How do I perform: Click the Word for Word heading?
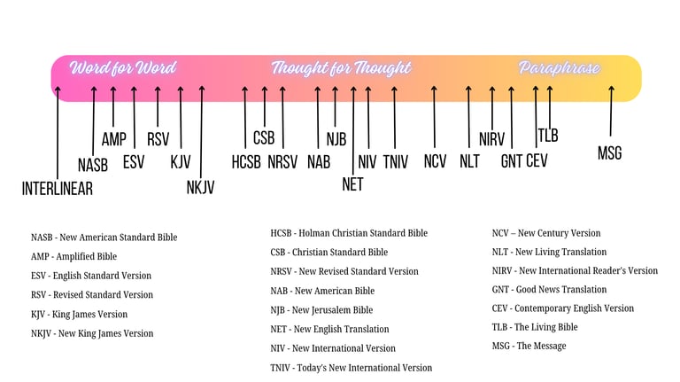123,68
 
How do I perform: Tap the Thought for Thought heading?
341,68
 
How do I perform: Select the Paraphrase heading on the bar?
560,68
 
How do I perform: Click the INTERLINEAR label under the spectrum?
57,188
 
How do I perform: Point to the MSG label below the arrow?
609,153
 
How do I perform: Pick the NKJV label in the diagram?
200,187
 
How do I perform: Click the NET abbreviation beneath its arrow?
352,184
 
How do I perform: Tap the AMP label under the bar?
113,139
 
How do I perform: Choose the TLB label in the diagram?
548,136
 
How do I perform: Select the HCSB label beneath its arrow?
246,161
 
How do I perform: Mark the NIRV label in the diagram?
491,139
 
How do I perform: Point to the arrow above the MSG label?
610,111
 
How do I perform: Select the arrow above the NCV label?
435,115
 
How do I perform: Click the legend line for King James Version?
79,314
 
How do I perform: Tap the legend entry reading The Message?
529,346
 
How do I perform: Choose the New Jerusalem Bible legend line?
321,310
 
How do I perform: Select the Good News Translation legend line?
549,289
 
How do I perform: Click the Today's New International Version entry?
351,368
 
